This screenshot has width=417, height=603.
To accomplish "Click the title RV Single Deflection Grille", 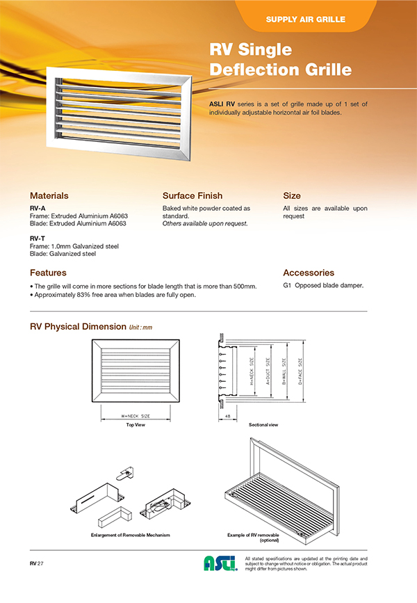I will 280,60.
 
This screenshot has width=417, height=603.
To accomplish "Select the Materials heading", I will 49,195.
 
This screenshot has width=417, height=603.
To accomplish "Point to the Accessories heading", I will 309,273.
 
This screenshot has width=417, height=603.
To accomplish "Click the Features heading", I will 48,273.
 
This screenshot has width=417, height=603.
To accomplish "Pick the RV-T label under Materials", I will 38,238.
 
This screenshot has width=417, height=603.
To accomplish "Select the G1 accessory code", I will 287,286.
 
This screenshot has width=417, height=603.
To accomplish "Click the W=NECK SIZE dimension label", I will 136,416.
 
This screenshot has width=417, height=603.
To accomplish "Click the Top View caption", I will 135,424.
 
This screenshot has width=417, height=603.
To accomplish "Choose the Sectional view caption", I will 263,424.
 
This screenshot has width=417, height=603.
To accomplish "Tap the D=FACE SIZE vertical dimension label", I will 300,371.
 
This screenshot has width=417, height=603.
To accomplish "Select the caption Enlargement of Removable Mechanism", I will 131,535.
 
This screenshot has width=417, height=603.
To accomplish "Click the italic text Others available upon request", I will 205,224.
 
